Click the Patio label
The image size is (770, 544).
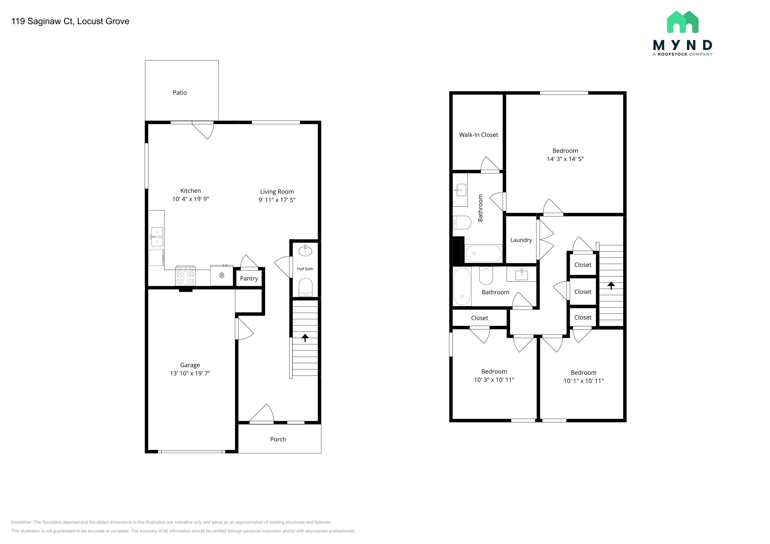click(180, 93)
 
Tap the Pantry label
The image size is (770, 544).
click(249, 278)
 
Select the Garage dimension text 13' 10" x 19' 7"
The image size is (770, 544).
click(190, 373)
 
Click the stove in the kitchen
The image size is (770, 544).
click(186, 276)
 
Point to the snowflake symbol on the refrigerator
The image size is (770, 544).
click(222, 275)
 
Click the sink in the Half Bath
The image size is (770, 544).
click(305, 251)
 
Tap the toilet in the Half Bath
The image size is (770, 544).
click(306, 287)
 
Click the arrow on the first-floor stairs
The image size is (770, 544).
click(305, 338)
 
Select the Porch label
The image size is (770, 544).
click(278, 439)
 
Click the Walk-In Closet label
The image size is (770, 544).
click(479, 135)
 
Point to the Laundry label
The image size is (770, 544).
click(521, 240)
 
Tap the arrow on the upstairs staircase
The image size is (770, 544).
click(611, 285)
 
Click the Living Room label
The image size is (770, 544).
click(277, 192)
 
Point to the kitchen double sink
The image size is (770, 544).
click(157, 237)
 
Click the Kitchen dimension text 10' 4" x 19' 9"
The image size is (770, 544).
click(191, 199)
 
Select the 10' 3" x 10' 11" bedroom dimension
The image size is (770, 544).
click(494, 380)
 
